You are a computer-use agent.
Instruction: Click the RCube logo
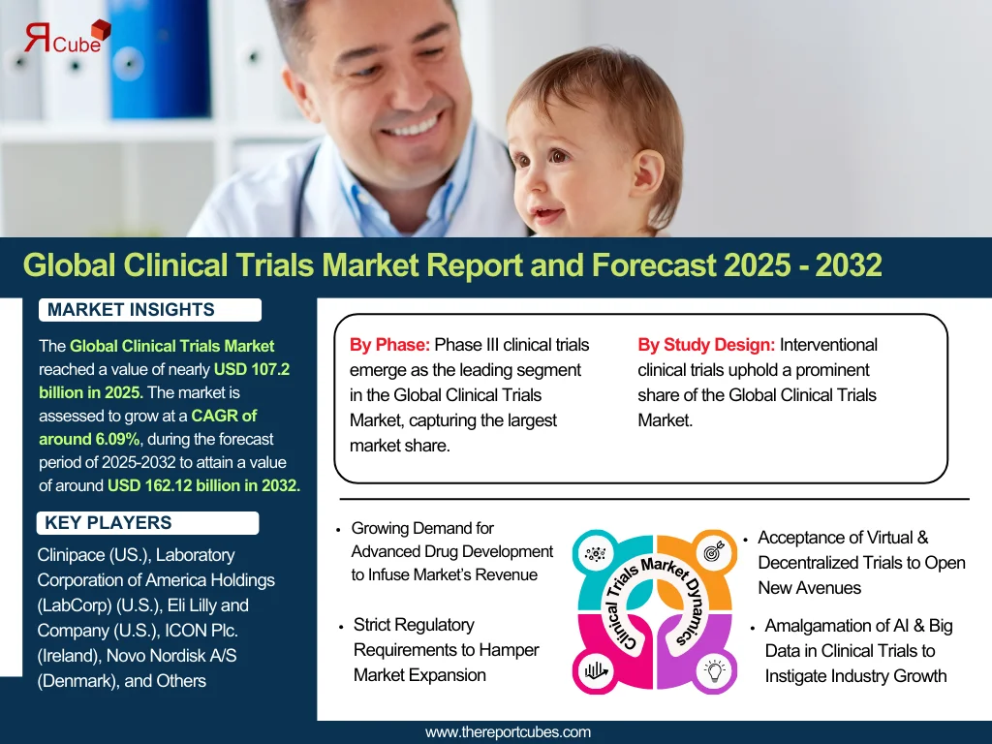(68, 38)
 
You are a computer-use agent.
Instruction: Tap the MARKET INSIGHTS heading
(131, 309)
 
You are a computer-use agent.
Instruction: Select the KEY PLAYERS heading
(108, 522)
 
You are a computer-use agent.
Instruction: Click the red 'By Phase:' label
(389, 345)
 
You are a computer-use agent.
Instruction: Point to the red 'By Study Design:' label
(706, 345)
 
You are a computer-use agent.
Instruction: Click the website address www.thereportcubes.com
(508, 732)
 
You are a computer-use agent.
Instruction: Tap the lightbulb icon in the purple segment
(714, 670)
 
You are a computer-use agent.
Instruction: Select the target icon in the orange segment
(714, 551)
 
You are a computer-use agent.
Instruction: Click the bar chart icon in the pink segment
(596, 670)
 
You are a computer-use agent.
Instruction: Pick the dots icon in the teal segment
(596, 554)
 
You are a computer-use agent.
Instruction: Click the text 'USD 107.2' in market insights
(252, 369)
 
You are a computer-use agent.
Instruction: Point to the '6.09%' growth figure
(117, 439)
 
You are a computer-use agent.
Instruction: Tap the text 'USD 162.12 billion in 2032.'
(203, 485)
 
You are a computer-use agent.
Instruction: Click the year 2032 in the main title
(849, 264)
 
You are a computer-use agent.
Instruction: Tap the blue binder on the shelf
(158, 59)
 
